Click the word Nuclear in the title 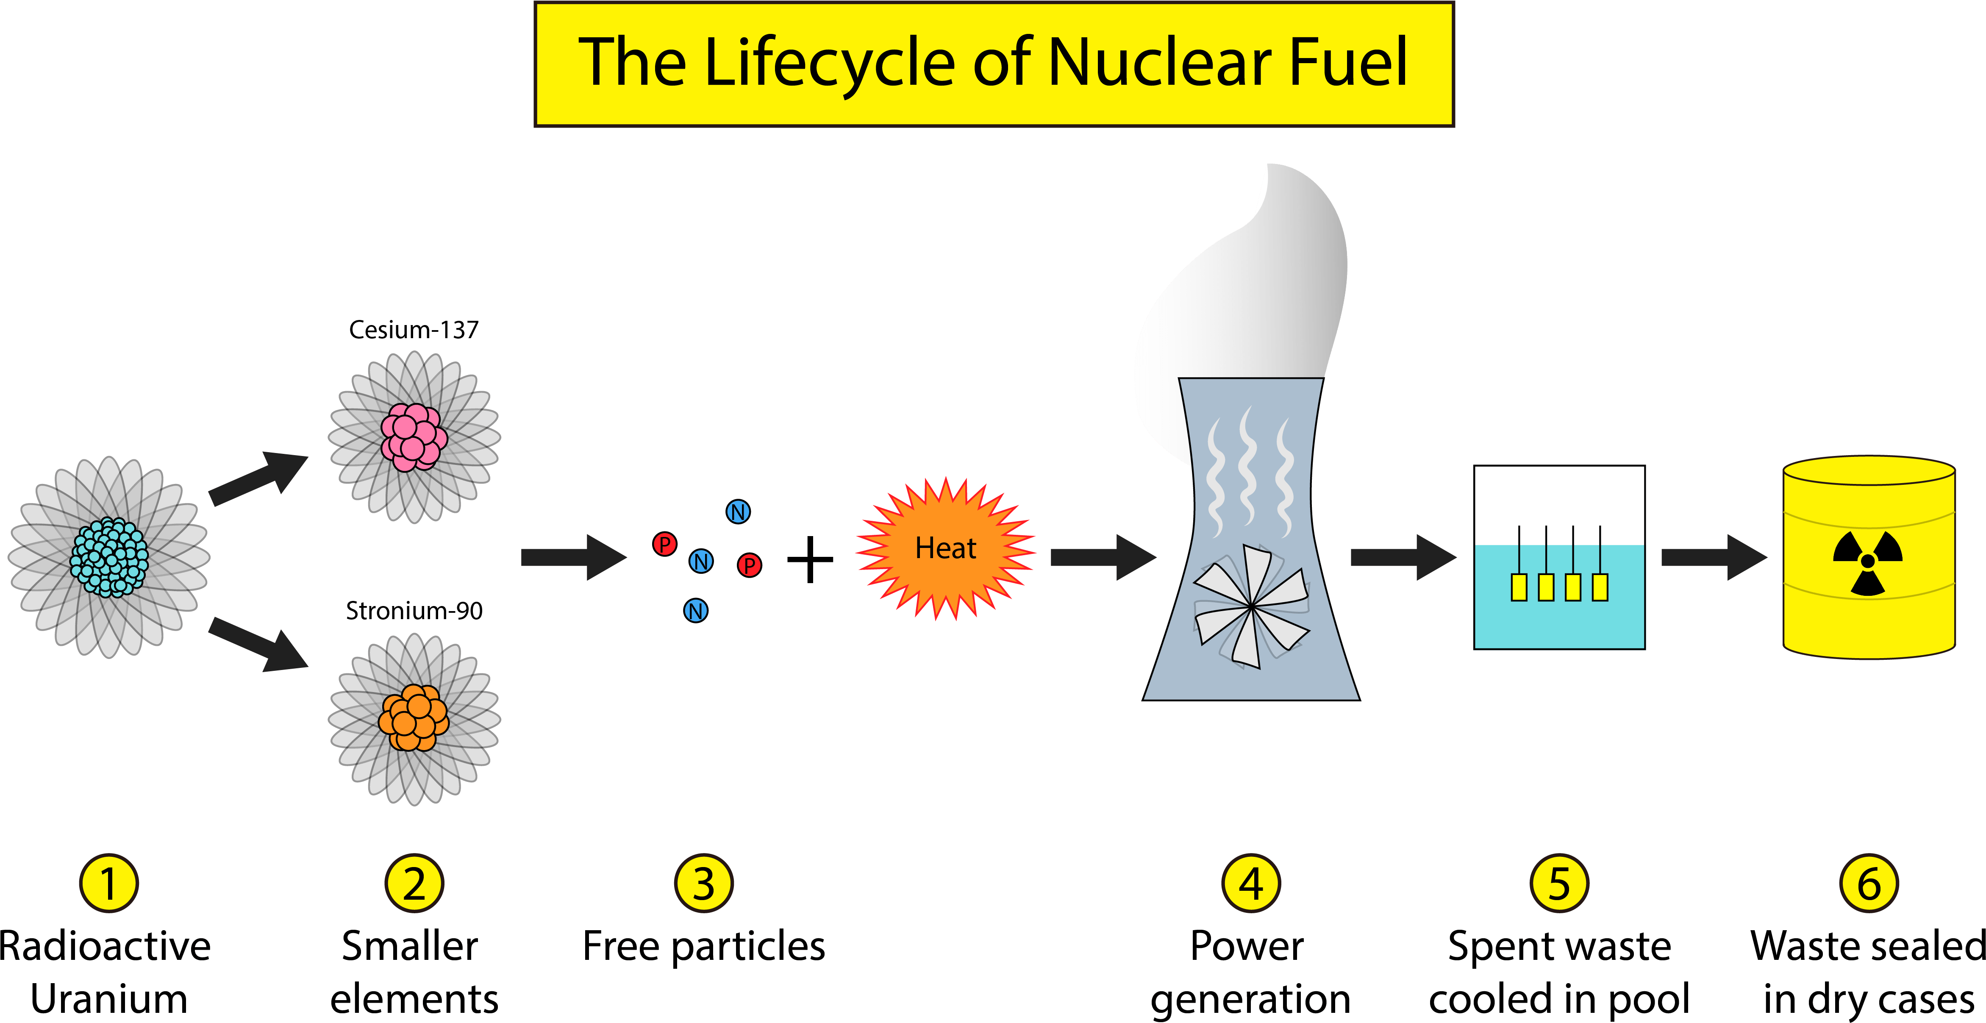point(1160,63)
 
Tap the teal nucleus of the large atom point(109,556)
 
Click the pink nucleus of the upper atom point(414,437)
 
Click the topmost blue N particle point(738,512)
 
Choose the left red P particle point(664,544)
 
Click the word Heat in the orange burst point(945,548)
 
